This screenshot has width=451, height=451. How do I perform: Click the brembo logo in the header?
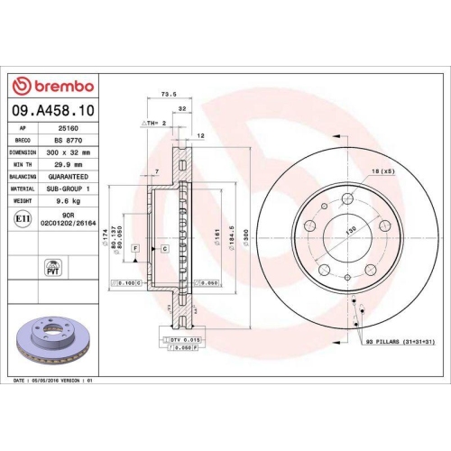[x=51, y=86]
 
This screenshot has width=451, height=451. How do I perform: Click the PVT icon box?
[x=51, y=266]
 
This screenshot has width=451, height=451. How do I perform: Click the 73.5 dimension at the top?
[x=167, y=93]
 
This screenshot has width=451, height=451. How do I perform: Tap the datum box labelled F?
[x=135, y=246]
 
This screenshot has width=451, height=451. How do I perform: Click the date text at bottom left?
[x=54, y=382]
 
